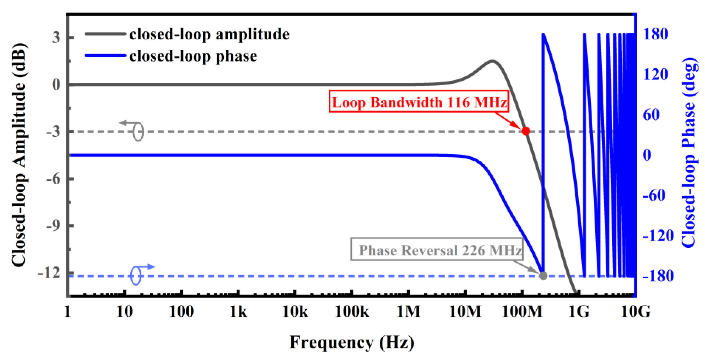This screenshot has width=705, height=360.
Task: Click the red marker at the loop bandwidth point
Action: tap(525, 131)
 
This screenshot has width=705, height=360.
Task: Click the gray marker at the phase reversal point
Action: tap(543, 275)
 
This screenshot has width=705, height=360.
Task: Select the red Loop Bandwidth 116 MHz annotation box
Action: tap(419, 102)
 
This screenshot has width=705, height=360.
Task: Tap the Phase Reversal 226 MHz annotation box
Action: tap(437, 250)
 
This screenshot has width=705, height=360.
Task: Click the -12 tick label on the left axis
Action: tap(49, 273)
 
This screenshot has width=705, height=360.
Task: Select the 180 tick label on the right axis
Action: tap(656, 34)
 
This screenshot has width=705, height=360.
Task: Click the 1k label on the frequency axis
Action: tap(238, 312)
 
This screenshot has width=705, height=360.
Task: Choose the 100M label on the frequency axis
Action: tap(522, 312)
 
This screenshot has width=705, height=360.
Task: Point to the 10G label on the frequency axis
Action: tap(635, 312)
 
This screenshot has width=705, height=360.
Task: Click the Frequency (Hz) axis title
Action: tap(352, 342)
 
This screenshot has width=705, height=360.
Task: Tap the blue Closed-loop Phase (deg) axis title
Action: tap(688, 153)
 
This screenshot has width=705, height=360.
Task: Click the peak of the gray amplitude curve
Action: tap(492, 61)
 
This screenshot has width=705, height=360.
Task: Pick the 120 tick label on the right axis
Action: tap(656, 74)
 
